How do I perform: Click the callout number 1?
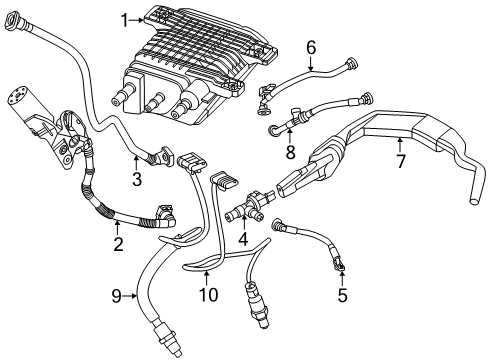[x=125, y=20]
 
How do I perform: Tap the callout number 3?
[x=137, y=180]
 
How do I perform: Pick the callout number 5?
[x=342, y=295]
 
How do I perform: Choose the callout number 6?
[x=310, y=46]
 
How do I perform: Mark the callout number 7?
[x=400, y=160]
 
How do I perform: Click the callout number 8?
[x=290, y=152]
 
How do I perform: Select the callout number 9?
[x=117, y=296]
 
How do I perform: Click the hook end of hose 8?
[x=273, y=129]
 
